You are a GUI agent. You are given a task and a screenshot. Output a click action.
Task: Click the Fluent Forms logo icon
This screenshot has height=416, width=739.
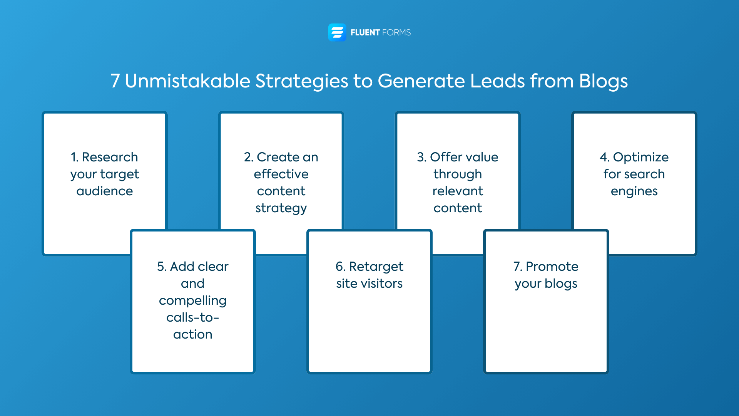pyautogui.click(x=337, y=32)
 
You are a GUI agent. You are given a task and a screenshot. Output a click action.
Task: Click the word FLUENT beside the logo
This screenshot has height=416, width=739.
pyautogui.click(x=365, y=33)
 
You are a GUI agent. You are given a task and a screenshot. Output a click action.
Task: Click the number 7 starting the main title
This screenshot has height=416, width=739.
pyautogui.click(x=115, y=81)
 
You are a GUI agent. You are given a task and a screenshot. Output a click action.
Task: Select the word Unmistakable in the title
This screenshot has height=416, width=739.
pyautogui.click(x=187, y=81)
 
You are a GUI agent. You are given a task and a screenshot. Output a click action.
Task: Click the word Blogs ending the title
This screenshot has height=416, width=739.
pyautogui.click(x=603, y=81)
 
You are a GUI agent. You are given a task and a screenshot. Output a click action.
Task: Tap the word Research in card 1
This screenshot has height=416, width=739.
pyautogui.click(x=110, y=157)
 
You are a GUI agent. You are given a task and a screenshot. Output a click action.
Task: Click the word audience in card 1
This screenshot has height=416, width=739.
pyautogui.click(x=105, y=191)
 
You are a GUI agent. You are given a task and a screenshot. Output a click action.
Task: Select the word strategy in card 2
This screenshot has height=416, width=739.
pyautogui.click(x=281, y=208)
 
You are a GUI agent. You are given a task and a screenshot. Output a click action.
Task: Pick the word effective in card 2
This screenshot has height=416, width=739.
pyautogui.click(x=281, y=174)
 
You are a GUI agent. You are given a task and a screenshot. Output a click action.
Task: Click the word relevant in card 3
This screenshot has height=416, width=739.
pyautogui.click(x=458, y=191)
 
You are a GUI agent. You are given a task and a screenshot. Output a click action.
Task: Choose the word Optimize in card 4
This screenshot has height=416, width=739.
pyautogui.click(x=640, y=157)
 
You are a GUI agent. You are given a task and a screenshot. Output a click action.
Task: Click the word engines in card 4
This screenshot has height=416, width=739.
pyautogui.click(x=634, y=191)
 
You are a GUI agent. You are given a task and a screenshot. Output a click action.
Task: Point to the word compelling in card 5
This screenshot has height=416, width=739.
pyautogui.click(x=192, y=301)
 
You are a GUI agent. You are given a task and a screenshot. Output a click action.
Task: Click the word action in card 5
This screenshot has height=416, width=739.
pyautogui.click(x=192, y=334)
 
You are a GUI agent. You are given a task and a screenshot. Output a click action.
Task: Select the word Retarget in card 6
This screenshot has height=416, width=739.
pyautogui.click(x=376, y=267)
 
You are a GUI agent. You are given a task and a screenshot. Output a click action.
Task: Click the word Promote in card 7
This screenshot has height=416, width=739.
pyautogui.click(x=552, y=267)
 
